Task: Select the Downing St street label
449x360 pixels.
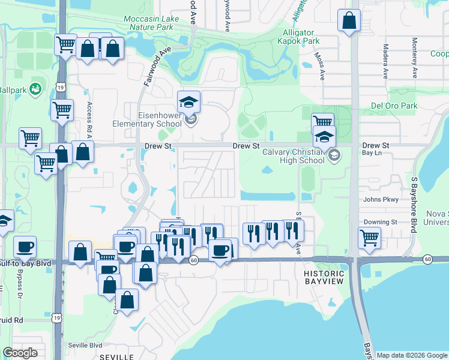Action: [381, 221]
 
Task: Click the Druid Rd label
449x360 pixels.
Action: [11, 320]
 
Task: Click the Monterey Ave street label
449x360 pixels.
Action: [414, 58]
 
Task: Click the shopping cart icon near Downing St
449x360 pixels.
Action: [369, 237]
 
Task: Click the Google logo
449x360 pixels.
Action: [20, 353]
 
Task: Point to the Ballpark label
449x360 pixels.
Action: [13, 89]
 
